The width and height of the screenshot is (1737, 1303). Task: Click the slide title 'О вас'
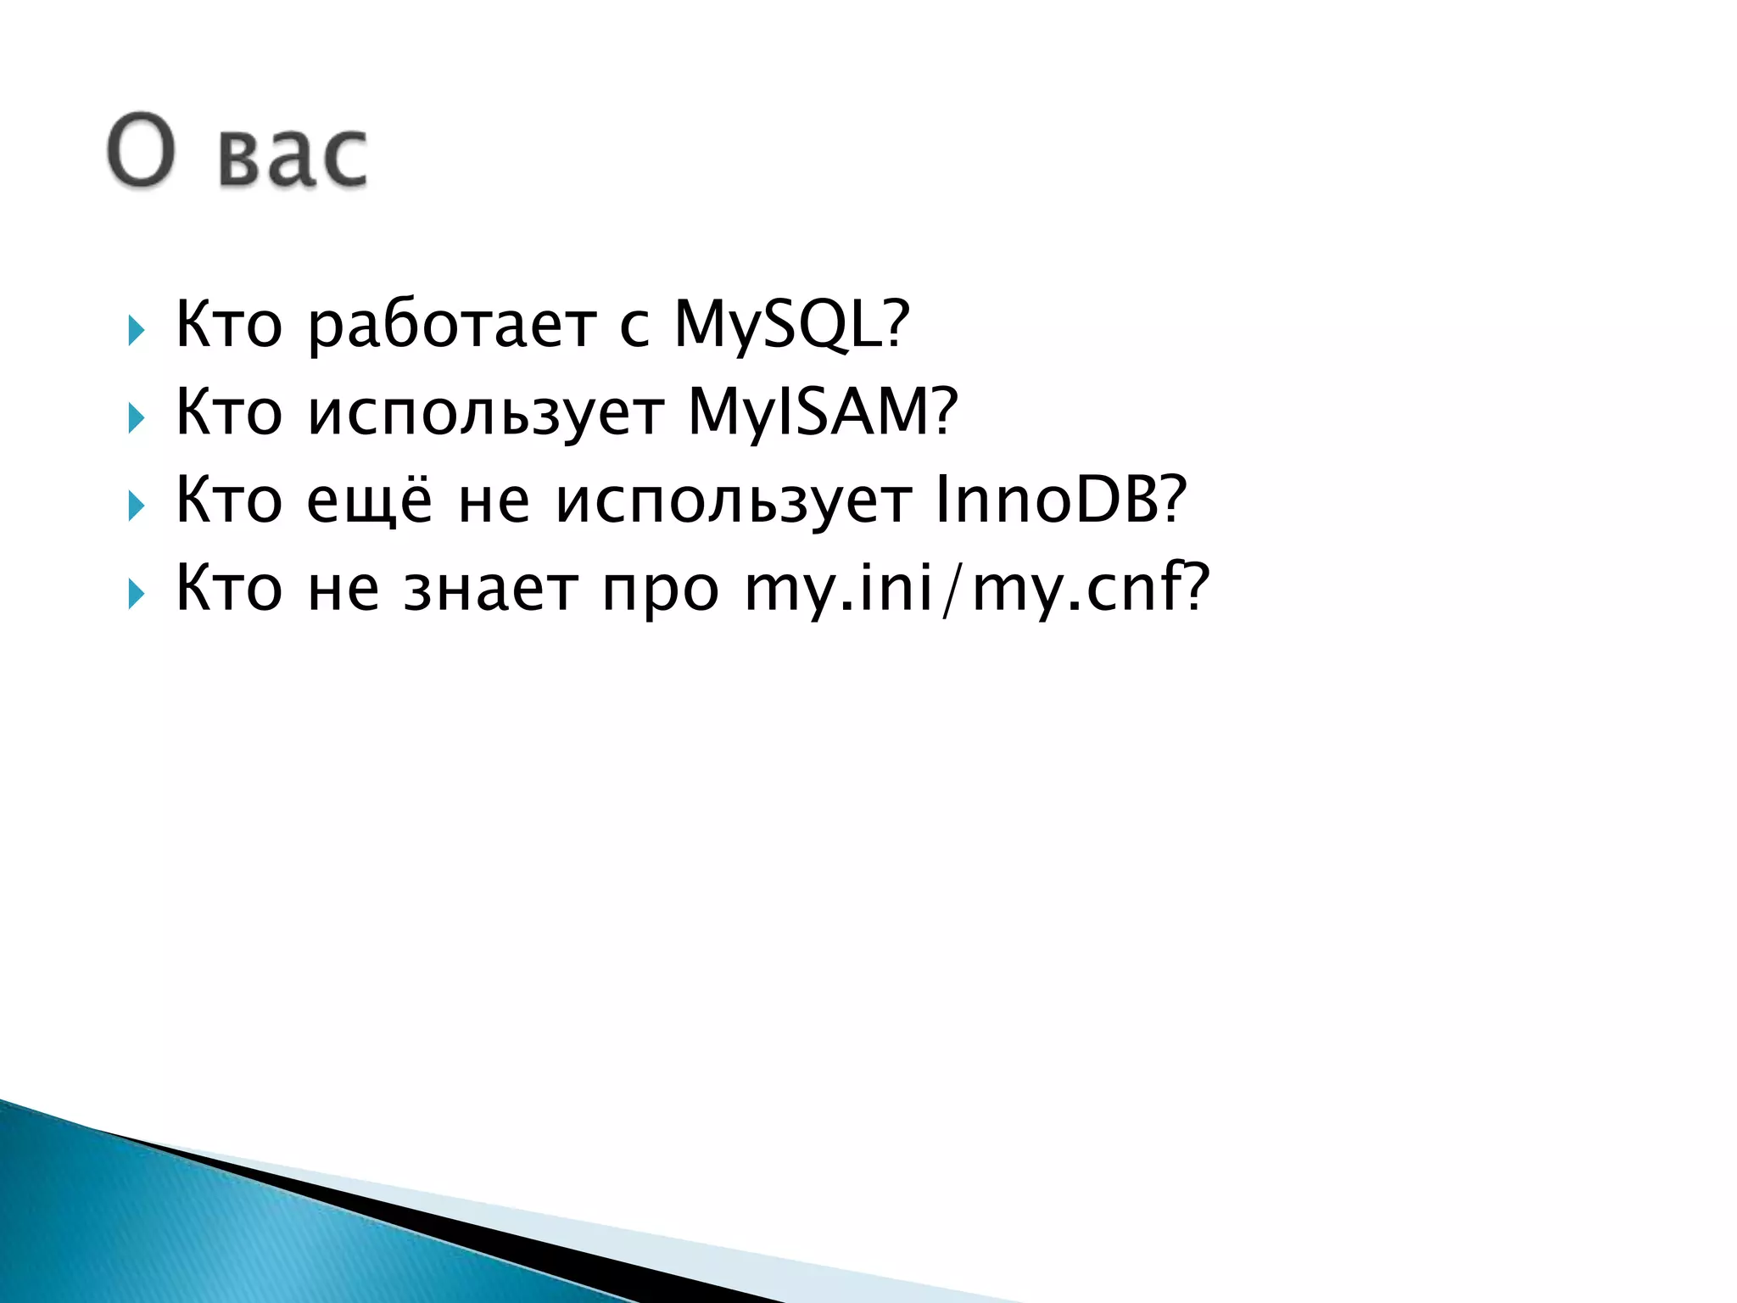pyautogui.click(x=237, y=151)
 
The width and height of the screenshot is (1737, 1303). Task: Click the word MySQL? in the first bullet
pyautogui.click(x=790, y=325)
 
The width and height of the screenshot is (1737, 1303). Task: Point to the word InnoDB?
pyautogui.click(x=1060, y=501)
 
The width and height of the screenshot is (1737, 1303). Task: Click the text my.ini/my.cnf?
pyautogui.click(x=975, y=588)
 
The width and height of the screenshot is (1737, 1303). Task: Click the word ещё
pyautogui.click(x=369, y=501)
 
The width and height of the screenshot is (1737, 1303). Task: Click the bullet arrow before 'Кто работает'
pyautogui.click(x=136, y=330)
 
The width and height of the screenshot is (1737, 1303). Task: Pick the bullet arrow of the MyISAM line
pyautogui.click(x=136, y=418)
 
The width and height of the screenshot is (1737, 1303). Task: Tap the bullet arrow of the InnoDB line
pyautogui.click(x=136, y=506)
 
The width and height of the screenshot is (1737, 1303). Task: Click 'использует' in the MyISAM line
pyautogui.click(x=485, y=413)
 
